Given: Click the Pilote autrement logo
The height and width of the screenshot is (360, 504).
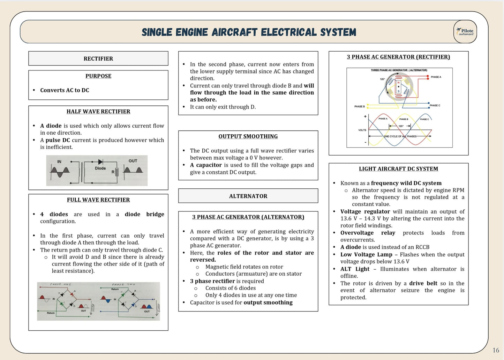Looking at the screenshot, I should (x=465, y=32).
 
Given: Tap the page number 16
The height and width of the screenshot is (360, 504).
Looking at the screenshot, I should (x=496, y=350).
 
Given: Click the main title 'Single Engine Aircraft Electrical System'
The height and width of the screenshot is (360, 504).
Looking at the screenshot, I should (x=249, y=32).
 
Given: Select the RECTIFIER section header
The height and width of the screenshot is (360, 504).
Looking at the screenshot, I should (x=98, y=59).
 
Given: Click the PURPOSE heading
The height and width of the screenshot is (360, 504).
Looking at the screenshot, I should (x=98, y=76).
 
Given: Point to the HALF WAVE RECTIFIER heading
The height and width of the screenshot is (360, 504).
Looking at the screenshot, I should (x=98, y=112).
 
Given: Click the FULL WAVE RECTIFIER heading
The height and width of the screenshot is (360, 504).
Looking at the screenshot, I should (x=98, y=200).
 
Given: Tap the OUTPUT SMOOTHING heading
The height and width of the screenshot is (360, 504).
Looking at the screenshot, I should (x=248, y=136).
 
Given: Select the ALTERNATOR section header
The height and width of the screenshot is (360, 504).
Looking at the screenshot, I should (x=248, y=196).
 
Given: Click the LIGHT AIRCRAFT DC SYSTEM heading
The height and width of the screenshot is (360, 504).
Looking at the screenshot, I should (x=398, y=169).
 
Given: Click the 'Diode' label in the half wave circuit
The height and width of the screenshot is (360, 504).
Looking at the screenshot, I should (x=100, y=168).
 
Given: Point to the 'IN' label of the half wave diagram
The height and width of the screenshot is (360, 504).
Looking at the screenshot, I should (x=59, y=162).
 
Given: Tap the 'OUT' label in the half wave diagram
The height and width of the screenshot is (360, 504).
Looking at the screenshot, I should (x=133, y=161).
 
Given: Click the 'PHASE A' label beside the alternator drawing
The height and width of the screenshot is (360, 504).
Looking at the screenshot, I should (x=436, y=77).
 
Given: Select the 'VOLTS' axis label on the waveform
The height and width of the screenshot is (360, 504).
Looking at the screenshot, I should (x=362, y=130).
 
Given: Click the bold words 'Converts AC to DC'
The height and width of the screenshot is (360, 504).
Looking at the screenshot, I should (x=65, y=90).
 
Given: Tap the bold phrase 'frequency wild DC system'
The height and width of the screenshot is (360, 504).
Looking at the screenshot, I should (x=406, y=183).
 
